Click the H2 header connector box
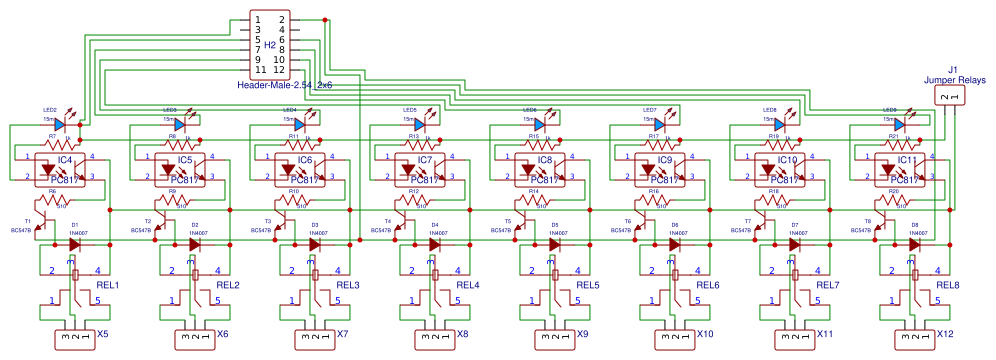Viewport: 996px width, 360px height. (270, 45)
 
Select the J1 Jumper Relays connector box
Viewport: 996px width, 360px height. (947, 96)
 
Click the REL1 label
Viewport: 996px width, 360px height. (107, 286)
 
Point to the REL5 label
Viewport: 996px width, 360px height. (588, 286)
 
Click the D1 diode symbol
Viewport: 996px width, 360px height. (75, 243)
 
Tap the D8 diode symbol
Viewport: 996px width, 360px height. (915, 243)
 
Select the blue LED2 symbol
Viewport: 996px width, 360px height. (60, 125)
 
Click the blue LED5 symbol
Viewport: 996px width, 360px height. (420, 125)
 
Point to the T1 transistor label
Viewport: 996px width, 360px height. (28, 220)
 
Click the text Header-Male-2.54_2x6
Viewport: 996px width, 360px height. (285, 86)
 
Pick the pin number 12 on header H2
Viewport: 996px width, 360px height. (281, 70)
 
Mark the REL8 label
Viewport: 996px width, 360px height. (948, 286)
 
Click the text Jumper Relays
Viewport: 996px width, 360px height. (954, 79)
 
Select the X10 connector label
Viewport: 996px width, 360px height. (705, 334)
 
